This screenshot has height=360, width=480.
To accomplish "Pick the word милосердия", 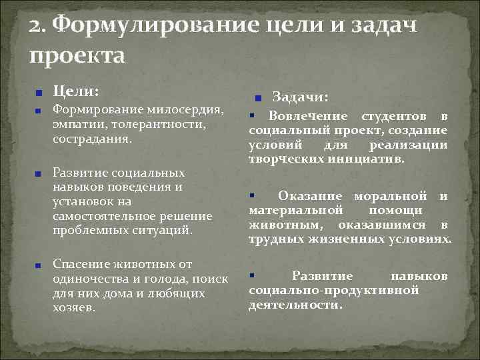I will (x=187, y=109).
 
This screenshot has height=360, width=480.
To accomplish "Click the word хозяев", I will (x=73, y=309).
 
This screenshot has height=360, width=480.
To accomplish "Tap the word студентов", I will (x=397, y=117).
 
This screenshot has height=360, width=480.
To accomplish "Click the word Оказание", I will (x=311, y=196).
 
